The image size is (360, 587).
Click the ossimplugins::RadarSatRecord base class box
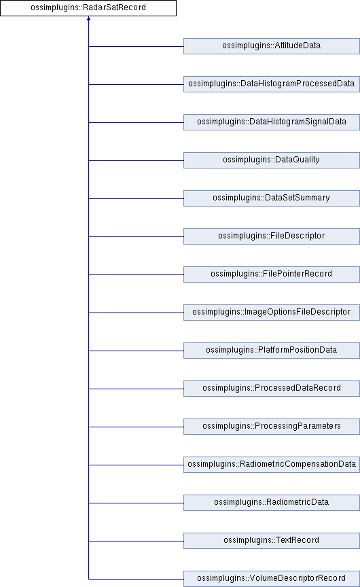click(x=88, y=8)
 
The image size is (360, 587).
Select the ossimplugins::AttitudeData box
click(x=272, y=46)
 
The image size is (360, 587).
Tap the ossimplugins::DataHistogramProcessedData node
click(x=272, y=84)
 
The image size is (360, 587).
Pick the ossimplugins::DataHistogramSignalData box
click(x=272, y=122)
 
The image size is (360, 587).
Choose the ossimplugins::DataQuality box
click(x=272, y=160)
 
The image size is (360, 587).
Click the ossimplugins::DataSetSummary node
click(x=272, y=198)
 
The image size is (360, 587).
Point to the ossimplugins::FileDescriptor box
click(x=272, y=236)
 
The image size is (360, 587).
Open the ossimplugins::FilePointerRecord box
click(x=272, y=274)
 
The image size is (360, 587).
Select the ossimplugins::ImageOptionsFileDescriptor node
click(x=272, y=313)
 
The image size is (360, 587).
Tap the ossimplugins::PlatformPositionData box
click(x=272, y=351)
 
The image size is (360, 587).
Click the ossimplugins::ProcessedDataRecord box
click(x=272, y=388)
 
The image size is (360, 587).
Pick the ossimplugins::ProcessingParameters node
click(x=272, y=427)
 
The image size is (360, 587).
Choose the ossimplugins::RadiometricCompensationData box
click(x=272, y=465)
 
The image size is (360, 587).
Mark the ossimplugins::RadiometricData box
click(x=272, y=502)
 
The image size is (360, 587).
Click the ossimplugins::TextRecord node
click(x=272, y=541)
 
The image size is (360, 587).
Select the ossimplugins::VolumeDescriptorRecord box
click(x=272, y=579)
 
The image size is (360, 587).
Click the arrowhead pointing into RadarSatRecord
click(x=89, y=18)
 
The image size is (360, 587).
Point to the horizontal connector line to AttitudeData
click(x=137, y=47)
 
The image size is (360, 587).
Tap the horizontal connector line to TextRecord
click(x=137, y=541)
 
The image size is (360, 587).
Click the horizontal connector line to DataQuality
click(x=137, y=160)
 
